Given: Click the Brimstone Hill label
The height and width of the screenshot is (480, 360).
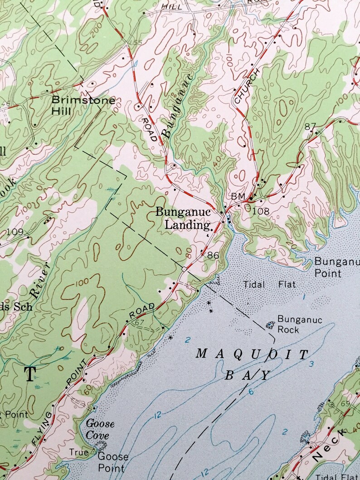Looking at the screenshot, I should click(x=83, y=105).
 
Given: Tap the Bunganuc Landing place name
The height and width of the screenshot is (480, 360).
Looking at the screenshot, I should click(x=183, y=218).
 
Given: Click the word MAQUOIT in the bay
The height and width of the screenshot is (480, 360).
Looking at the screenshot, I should click(x=252, y=354).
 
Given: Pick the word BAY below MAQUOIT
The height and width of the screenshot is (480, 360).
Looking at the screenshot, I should click(x=247, y=375).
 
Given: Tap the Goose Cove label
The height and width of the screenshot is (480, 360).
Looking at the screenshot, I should click(x=100, y=429).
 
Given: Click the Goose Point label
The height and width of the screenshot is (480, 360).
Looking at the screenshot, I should click(x=113, y=461).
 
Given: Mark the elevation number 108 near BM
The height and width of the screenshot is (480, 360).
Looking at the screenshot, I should click(x=261, y=211).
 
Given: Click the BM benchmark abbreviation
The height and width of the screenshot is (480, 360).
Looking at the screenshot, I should click(x=238, y=196).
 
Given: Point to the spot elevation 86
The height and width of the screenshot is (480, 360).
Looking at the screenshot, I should click(x=213, y=256).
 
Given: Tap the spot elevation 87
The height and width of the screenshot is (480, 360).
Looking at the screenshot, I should click(x=310, y=127).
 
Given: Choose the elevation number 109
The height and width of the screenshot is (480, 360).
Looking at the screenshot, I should click(x=15, y=232).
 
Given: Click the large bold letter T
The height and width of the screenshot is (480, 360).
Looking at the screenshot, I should click(x=30, y=374).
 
